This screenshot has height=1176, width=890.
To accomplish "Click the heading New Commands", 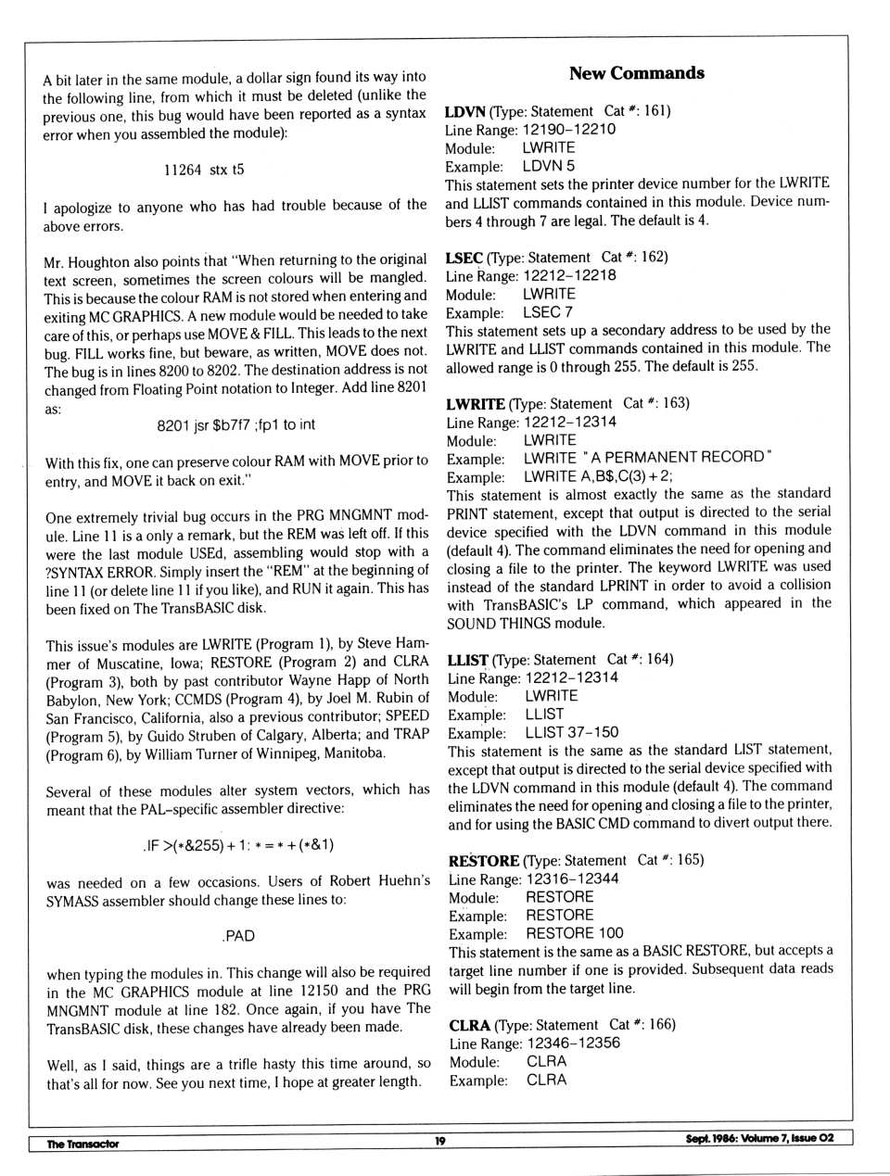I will point(636,73).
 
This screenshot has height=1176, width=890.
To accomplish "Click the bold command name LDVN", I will point(465,111).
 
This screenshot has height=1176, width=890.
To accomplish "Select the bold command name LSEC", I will point(464,258).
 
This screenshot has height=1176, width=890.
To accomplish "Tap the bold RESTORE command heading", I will point(483,860).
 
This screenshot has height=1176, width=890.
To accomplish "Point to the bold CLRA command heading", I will point(470,1025).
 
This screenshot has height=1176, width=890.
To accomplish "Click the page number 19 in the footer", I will point(439,1141).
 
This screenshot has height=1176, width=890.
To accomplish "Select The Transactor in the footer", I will point(83,1144).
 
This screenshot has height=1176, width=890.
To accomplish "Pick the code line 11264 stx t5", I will point(204,170).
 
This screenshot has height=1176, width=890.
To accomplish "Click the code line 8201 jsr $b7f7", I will point(235,424).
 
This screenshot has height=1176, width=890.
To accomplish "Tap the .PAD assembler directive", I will point(237,936).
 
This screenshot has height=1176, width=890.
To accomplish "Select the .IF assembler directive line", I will point(238,845).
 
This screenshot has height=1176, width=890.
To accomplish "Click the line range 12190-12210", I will point(568,130).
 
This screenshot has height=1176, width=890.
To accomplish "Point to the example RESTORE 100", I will point(574,933).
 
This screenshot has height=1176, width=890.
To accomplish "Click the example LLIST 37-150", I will point(571,732).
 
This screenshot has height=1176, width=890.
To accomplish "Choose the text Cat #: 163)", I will point(655,403).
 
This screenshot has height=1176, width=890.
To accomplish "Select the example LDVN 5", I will point(548,166).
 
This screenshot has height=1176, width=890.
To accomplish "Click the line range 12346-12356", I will point(573,1043).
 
